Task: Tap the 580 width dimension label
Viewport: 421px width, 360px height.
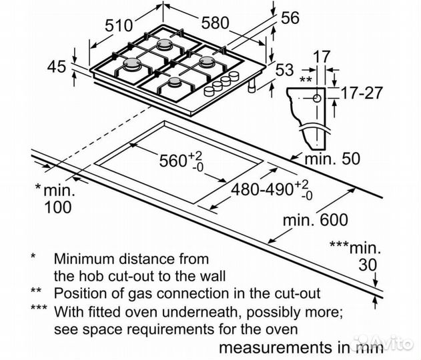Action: (214, 22)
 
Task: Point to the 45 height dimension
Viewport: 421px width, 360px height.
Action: (58, 66)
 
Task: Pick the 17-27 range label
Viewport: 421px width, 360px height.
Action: (353, 93)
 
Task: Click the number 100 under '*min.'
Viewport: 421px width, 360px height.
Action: (56, 207)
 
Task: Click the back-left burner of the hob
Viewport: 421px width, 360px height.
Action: (165, 46)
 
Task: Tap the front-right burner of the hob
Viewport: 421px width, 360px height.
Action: (175, 83)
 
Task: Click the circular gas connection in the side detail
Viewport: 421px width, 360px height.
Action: (316, 97)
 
